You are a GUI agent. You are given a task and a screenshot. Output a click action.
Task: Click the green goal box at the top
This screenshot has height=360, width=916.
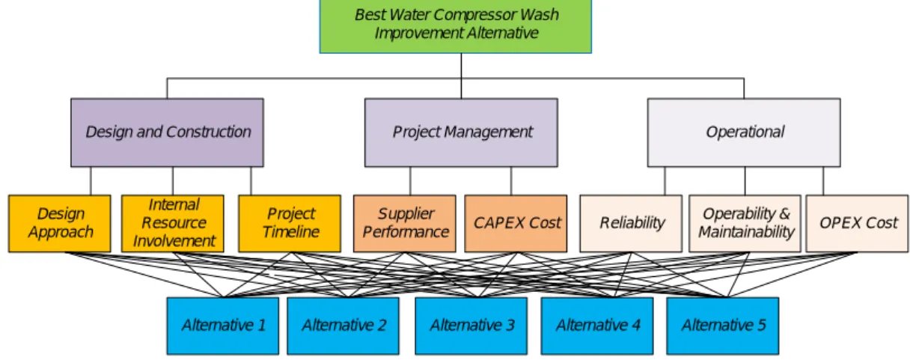coord(456,25)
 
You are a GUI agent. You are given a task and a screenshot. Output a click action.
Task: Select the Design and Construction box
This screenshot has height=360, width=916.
coord(167,132)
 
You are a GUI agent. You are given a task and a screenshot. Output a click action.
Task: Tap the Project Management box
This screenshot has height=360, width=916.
coord(461,132)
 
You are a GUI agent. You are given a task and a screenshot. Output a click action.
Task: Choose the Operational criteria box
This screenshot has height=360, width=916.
coord(744,132)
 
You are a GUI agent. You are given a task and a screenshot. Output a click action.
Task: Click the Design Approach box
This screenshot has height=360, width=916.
coord(60,223)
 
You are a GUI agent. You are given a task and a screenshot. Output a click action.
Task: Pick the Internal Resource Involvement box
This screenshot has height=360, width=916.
coord(173,223)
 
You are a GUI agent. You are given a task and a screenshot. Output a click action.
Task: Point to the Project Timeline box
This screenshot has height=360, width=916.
coord(290,223)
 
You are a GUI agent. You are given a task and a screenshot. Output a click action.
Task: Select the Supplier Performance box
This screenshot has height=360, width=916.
coord(405,223)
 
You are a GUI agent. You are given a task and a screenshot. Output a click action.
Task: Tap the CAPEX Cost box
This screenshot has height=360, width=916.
coord(516,223)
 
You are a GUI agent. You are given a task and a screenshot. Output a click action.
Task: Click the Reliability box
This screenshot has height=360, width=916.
coord(631,223)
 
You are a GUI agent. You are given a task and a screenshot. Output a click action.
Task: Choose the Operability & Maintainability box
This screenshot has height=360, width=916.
coord(745,223)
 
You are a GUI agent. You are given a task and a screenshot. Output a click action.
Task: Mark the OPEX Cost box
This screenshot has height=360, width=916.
coord(857,223)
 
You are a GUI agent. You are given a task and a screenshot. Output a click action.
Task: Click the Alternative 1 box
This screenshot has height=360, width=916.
coord(223,326)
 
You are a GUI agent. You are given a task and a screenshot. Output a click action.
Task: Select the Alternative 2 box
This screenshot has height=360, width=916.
coord(343,326)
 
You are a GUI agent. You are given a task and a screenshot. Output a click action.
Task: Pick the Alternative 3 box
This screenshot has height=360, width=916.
coord(471,326)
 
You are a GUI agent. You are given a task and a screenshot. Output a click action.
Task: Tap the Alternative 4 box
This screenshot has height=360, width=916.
coord(597,326)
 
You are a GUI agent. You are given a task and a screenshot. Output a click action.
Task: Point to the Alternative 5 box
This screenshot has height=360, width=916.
coord(723,326)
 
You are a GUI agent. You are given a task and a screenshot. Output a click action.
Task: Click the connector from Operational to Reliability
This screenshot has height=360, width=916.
coord(665,181)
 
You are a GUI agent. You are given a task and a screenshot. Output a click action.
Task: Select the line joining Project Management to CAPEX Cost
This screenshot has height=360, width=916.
coord(511,181)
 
